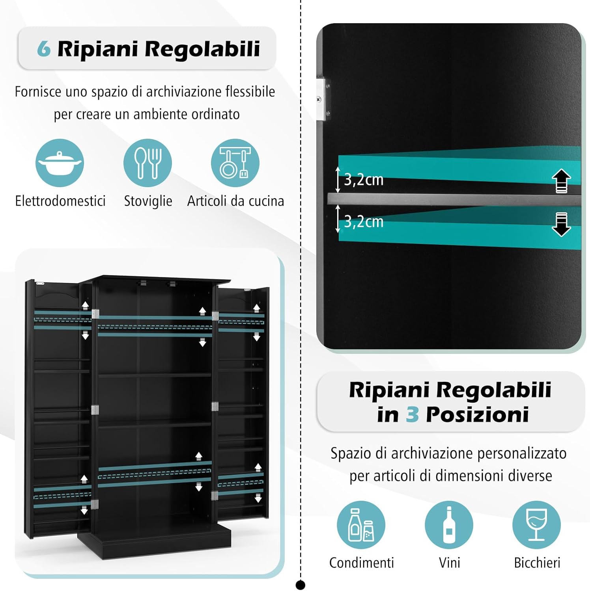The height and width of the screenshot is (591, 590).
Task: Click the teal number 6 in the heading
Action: pos(44,49)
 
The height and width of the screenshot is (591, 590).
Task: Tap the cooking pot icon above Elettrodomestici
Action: pos(60,163)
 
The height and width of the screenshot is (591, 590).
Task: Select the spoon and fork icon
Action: pos(147,163)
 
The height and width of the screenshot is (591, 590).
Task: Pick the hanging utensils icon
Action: pos(235,163)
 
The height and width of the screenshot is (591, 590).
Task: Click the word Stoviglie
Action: pos(148,201)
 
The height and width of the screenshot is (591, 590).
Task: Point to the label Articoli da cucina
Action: pos(235,201)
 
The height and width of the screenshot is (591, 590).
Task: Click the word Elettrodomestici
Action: pos(60,201)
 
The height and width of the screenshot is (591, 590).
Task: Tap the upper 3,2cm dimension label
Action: pos(363,180)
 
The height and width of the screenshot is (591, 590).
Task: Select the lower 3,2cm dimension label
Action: pos(363,222)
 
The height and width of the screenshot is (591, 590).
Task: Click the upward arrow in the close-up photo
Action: pos(561,181)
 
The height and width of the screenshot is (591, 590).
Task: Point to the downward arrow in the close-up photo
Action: pos(561,224)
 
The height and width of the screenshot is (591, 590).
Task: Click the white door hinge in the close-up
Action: pos(321,99)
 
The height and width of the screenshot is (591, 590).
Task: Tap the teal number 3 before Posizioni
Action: pos(412,414)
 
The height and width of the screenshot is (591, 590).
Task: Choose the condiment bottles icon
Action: pos(361,525)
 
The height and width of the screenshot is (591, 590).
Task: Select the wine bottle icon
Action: pos(449,525)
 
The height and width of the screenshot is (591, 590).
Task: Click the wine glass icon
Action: pos(536,525)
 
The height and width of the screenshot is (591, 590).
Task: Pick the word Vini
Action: pos(449,563)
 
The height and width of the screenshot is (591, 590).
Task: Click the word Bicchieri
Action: pos(537,563)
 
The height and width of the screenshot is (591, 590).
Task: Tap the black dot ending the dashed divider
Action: pos(301,585)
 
